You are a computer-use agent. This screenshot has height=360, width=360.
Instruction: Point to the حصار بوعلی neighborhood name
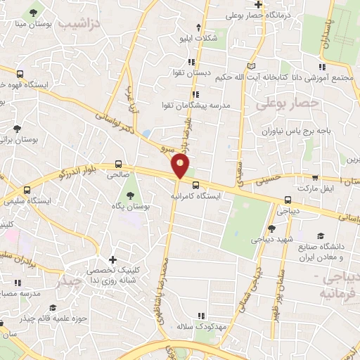(x=287, y=103)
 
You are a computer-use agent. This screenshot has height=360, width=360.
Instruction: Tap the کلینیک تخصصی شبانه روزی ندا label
(x=113, y=275)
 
